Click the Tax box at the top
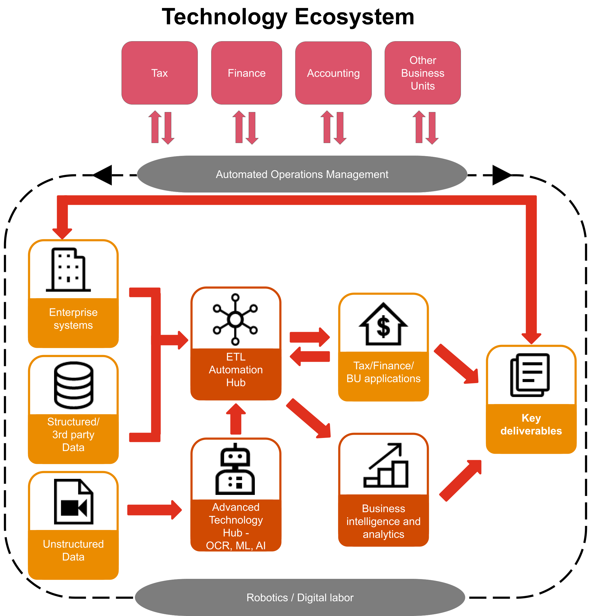pos(160,73)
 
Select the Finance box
pos(247,73)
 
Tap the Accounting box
pos(333,73)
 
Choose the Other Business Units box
pos(423,73)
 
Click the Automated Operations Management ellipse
pos(302,174)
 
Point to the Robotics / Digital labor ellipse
pos(300,597)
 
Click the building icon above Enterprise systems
pos(69,270)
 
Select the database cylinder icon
pos(74,385)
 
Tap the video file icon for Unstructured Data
pos(74,502)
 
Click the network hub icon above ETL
pos(235,319)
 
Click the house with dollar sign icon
pos(383,324)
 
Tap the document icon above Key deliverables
pos(530,375)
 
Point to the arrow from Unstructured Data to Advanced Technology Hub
pos(154,510)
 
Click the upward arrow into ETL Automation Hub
pos(236,419)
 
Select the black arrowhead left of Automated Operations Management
pos(103,175)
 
